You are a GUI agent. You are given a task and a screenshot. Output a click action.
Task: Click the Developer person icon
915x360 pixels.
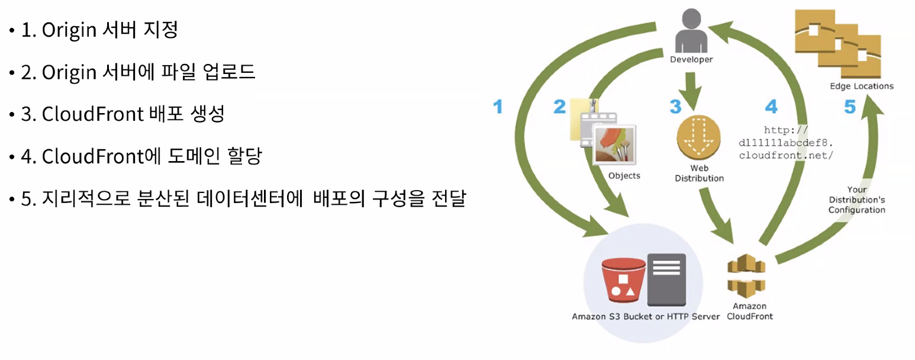click(x=691, y=32)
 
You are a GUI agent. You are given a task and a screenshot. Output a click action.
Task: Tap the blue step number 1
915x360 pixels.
click(x=498, y=107)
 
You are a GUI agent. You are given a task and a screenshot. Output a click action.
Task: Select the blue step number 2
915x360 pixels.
click(x=559, y=107)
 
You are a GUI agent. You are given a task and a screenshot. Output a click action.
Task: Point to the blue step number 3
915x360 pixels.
click(x=675, y=107)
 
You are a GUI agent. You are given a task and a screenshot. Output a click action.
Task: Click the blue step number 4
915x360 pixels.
click(x=771, y=107)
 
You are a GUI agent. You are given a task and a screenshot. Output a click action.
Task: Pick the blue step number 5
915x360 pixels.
click(x=850, y=107)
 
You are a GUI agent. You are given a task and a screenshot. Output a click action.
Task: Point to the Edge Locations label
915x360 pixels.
click(x=862, y=86)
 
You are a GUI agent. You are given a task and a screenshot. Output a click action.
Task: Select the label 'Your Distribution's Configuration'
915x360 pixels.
click(x=856, y=200)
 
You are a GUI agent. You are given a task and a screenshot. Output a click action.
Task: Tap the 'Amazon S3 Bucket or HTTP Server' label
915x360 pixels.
click(x=646, y=317)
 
